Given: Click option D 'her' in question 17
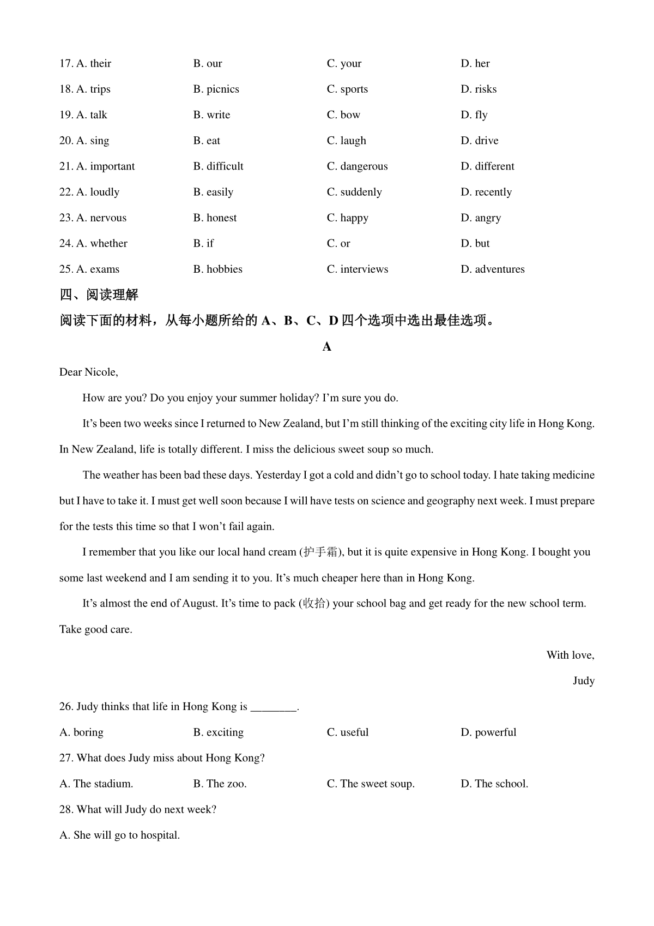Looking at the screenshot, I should point(475,64).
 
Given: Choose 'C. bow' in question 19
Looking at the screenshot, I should point(343,115).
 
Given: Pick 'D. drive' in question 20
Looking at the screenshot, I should point(480,141).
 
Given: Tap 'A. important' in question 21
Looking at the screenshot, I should point(97,166).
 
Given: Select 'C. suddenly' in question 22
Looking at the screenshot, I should point(354,192).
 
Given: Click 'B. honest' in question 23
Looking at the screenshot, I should point(215,218).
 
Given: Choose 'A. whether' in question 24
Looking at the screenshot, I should point(93,243).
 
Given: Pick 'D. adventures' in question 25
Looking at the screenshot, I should point(493,269).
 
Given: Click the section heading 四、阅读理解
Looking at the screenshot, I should point(99,295).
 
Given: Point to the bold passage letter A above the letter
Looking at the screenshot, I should point(327,347).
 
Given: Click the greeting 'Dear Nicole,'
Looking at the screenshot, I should point(88,372).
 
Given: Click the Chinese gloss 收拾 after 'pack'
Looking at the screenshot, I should point(314,604).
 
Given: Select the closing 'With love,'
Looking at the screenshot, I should point(570,655).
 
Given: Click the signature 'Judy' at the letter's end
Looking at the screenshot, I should point(583,681).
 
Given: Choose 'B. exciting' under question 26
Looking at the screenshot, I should point(219,732).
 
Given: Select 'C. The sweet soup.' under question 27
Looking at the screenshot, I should point(371,784).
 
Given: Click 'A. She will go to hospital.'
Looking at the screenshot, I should point(119,835).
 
